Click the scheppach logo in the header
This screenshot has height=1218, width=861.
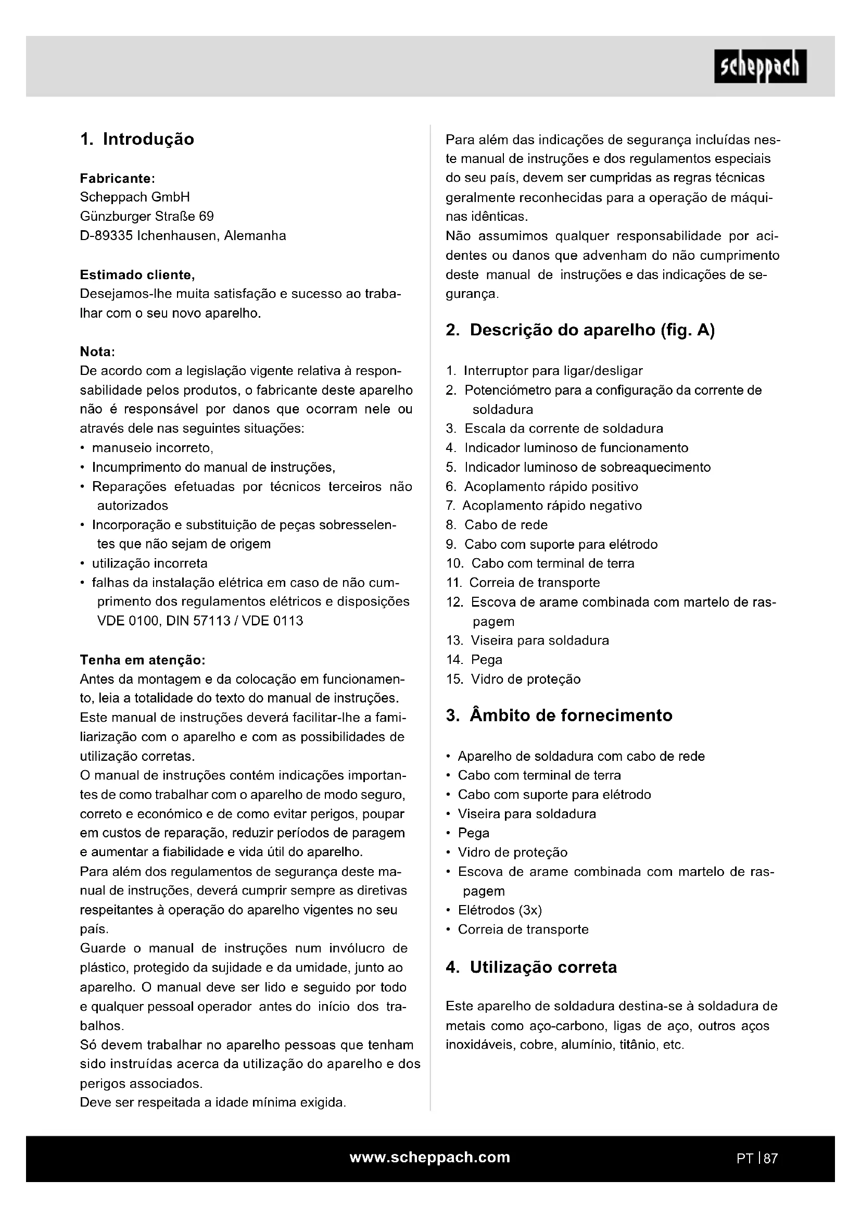[x=759, y=66]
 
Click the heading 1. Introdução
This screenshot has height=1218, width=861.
[x=137, y=139]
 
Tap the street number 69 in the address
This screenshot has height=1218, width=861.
[x=206, y=217]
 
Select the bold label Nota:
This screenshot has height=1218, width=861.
[x=97, y=351]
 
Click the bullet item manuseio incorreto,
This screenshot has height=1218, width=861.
[x=152, y=448]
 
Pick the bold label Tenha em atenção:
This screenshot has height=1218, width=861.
[x=142, y=660]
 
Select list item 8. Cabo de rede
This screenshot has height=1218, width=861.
[x=497, y=525]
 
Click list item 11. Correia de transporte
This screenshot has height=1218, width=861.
[x=523, y=583]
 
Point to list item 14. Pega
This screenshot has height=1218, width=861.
[x=475, y=659]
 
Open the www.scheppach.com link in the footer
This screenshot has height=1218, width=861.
[x=430, y=1157]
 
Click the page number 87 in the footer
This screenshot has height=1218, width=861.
[x=771, y=1159]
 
